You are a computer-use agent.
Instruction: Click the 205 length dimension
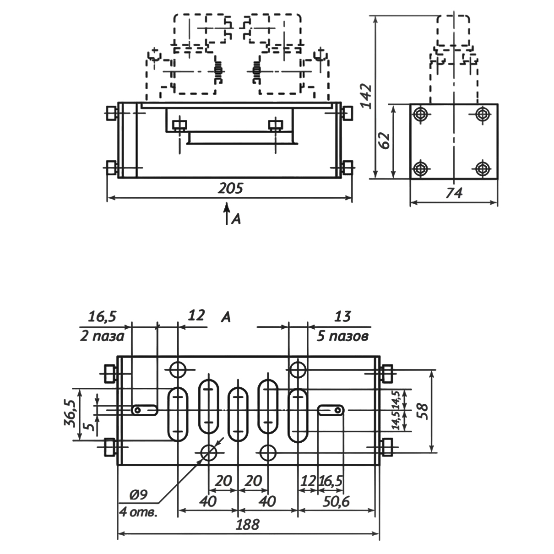pos(230,188)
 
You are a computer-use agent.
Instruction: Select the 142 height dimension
pos(366,95)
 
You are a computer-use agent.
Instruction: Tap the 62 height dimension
pos(385,140)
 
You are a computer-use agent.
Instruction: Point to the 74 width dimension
pos(454,193)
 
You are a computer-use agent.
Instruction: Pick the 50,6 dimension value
pos(337,501)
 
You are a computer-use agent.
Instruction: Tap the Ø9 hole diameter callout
pos(138,494)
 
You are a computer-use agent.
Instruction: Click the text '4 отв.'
pos(137,511)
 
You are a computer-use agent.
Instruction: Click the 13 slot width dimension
pos(342,316)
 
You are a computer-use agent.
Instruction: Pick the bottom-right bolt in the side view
pos(481,168)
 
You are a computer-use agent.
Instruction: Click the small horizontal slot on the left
pos(145,410)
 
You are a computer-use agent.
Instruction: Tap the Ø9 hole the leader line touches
pos(209,453)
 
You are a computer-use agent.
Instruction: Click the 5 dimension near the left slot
pos(91,426)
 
